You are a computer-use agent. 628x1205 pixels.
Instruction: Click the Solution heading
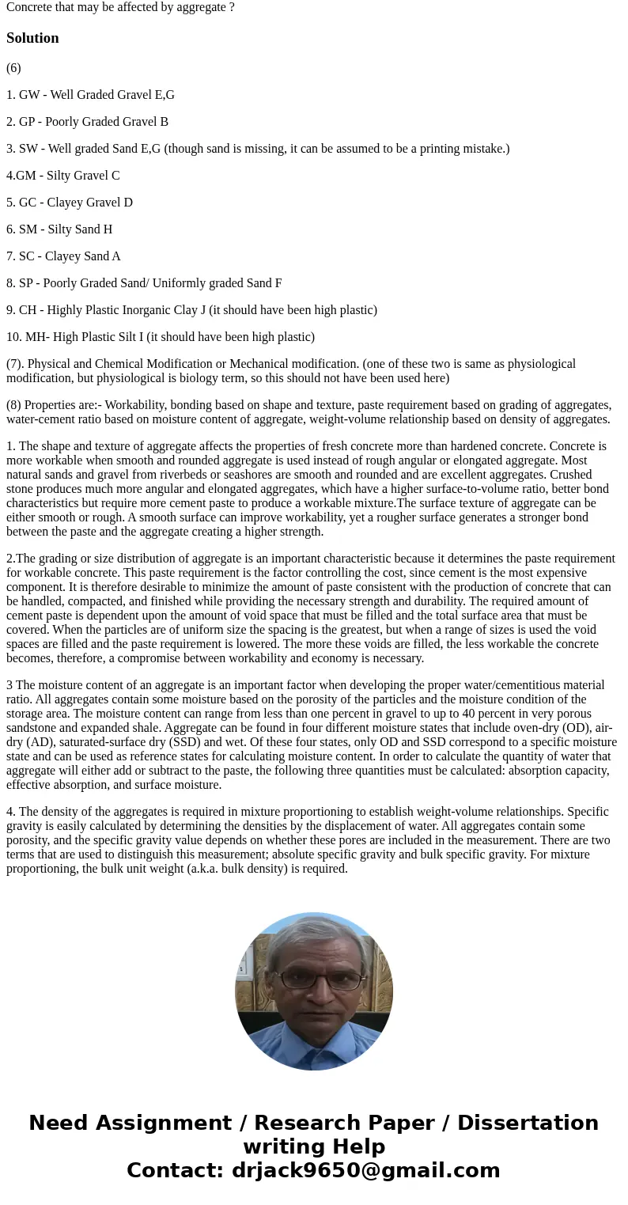coord(32,38)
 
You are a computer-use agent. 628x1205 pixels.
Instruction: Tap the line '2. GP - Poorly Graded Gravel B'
coord(87,122)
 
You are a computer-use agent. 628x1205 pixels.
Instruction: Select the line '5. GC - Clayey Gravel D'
coord(70,203)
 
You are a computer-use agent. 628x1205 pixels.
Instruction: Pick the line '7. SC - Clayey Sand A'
coord(63,256)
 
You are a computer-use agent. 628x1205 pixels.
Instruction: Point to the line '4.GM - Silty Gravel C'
coord(63,176)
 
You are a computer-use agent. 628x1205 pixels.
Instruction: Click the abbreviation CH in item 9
coord(27,310)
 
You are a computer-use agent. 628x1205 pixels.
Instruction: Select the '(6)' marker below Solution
coord(13,68)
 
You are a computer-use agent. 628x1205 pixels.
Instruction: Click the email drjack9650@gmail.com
coord(365,1170)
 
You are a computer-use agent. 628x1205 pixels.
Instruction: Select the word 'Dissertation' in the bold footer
coord(528,1123)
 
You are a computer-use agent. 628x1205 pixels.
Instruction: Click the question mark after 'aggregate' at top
coord(232,7)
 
